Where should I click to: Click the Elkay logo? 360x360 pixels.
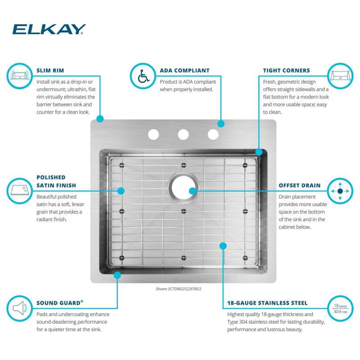tap(49, 29)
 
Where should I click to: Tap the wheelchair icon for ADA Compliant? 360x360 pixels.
tap(143, 76)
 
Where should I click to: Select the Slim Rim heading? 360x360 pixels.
tap(50, 71)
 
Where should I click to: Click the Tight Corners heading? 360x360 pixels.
tap(286, 71)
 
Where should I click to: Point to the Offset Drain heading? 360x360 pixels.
tap(299, 185)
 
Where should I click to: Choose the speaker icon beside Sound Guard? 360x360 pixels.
tap(19, 308)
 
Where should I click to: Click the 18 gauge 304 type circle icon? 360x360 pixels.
tap(340, 308)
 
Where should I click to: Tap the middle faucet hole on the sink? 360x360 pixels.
tap(183, 134)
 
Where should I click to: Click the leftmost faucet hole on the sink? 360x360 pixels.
tap(153, 134)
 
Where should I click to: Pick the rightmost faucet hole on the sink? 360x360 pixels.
tap(213, 134)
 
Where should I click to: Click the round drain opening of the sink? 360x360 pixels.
tap(183, 188)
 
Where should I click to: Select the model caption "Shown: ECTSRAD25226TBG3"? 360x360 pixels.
tap(178, 289)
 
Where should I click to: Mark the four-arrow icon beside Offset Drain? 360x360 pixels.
tap(340, 191)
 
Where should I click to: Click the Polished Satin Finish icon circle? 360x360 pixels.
tap(19, 191)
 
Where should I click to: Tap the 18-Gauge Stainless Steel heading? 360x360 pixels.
tap(267, 303)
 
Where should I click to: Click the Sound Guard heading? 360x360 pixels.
tap(60, 303)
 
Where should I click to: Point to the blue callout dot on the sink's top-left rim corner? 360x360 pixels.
tap(100, 119)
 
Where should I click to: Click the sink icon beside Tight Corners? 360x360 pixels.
tap(340, 76)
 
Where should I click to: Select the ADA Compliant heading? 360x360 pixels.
tap(184, 71)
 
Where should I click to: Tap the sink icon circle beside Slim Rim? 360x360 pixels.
tap(19, 76)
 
